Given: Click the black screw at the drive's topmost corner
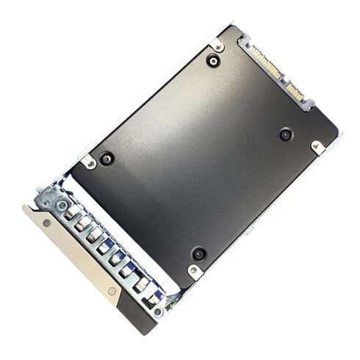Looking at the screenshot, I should pyautogui.click(x=213, y=61).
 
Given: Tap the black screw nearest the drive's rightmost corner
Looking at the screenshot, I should pyautogui.click(x=285, y=134).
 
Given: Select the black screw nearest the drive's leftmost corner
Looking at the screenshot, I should pyautogui.click(x=107, y=158).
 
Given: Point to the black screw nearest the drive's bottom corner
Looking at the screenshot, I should pyautogui.click(x=198, y=253).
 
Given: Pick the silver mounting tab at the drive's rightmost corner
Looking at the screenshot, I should pyautogui.click(x=317, y=147).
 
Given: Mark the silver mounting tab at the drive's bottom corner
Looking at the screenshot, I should pyautogui.click(x=194, y=271).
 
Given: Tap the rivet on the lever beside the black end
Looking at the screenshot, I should pyautogui.click(x=112, y=291).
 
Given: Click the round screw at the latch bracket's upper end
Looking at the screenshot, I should pyautogui.click(x=62, y=205).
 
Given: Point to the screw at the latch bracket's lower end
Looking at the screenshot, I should pyautogui.click(x=158, y=312).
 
